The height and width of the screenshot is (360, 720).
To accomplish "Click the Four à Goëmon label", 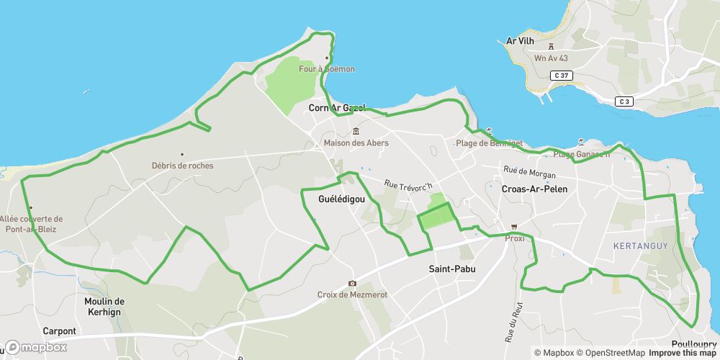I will point(328,69).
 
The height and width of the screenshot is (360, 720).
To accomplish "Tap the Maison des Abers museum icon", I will point(356,132).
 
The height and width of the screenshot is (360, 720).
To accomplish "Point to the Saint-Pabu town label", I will point(452,269).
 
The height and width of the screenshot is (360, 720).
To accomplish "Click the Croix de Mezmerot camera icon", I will point(352,284).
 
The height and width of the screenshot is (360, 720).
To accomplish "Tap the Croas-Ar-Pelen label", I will point(534,189).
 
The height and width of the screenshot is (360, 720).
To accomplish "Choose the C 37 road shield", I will point(561,76).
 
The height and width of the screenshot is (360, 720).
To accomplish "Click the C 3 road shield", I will point(624,102).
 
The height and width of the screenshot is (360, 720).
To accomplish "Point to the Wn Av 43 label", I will point(552,58).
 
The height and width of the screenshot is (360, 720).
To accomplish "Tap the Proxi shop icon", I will point(514,227).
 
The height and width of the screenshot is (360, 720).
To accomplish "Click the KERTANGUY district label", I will point(640,246).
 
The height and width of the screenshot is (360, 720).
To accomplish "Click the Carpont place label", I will point(59,331).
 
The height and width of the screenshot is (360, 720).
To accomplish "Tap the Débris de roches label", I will point(182,166).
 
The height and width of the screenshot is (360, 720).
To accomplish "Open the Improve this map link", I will point(683,353).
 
